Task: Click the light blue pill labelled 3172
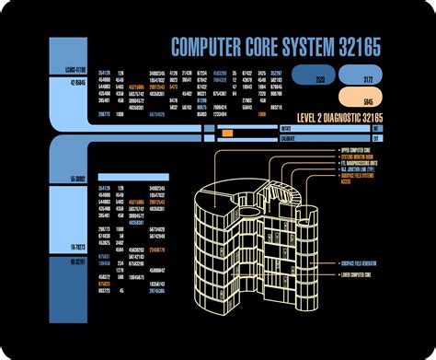(368, 79)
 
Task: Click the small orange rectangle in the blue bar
(227, 134)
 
